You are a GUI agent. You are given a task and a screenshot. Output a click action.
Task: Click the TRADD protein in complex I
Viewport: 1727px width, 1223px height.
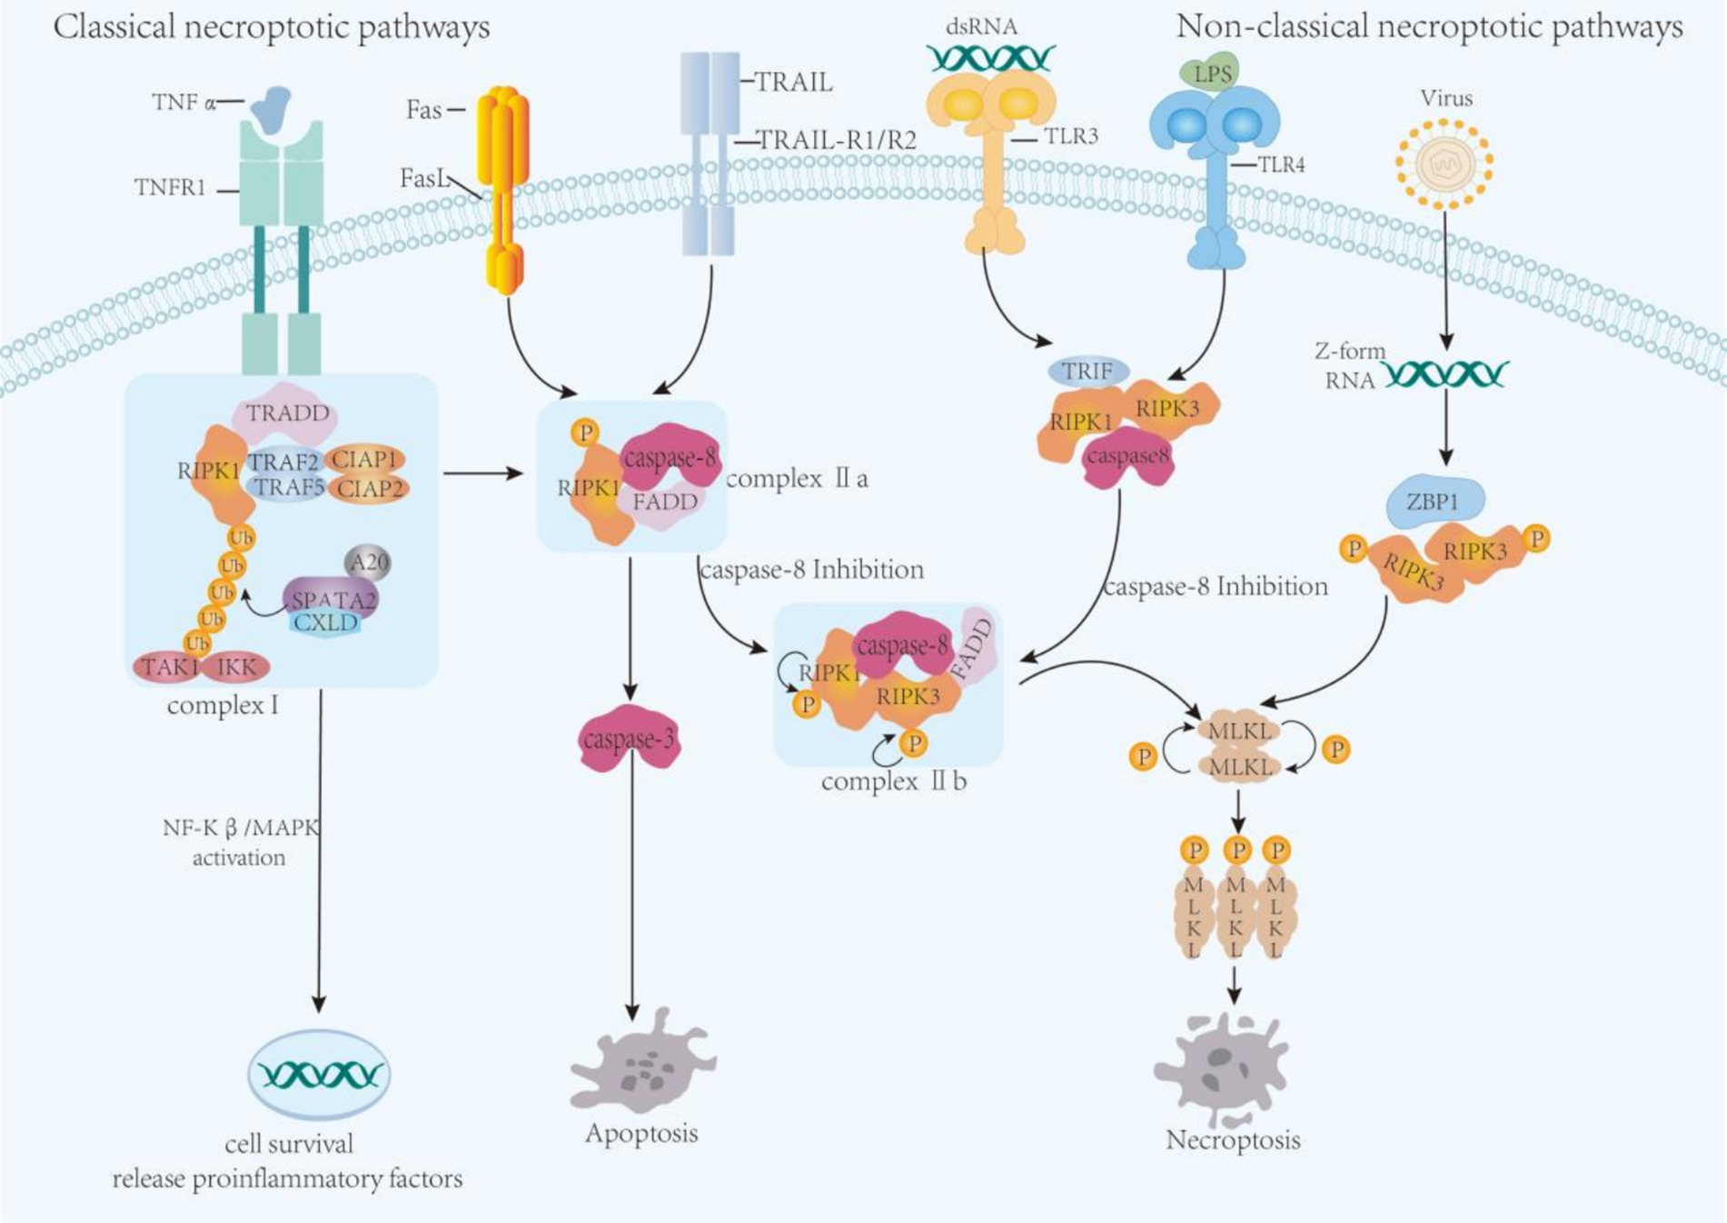(x=286, y=414)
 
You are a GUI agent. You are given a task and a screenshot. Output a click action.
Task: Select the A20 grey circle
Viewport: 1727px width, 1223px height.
(x=368, y=563)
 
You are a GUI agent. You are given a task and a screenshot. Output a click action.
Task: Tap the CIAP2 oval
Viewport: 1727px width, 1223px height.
(x=368, y=489)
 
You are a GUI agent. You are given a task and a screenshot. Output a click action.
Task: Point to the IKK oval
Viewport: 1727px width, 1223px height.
(x=236, y=667)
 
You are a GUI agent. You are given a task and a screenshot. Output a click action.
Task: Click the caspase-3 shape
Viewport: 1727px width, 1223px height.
(x=629, y=739)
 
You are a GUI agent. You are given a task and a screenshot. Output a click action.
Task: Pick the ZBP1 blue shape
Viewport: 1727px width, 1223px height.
(x=1434, y=501)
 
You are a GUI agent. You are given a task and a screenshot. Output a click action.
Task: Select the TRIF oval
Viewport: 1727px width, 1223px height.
(x=1087, y=371)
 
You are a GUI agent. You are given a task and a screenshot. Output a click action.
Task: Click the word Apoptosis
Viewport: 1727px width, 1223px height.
(x=641, y=1133)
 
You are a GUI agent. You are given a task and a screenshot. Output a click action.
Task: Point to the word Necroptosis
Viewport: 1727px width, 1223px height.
(x=1233, y=1139)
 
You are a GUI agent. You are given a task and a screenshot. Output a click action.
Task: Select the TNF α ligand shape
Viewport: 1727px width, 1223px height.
(x=272, y=108)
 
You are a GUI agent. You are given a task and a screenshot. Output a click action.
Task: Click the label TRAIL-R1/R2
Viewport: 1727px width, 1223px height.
(x=836, y=141)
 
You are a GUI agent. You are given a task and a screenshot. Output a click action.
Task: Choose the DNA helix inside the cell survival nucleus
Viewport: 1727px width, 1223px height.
(x=320, y=1075)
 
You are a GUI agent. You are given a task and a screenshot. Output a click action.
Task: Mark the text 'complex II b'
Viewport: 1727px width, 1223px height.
(x=893, y=781)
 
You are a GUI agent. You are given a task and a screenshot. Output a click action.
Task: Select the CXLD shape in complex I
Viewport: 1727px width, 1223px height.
(x=325, y=622)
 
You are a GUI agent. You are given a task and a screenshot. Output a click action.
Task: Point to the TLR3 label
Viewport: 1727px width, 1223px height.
(x=1070, y=137)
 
